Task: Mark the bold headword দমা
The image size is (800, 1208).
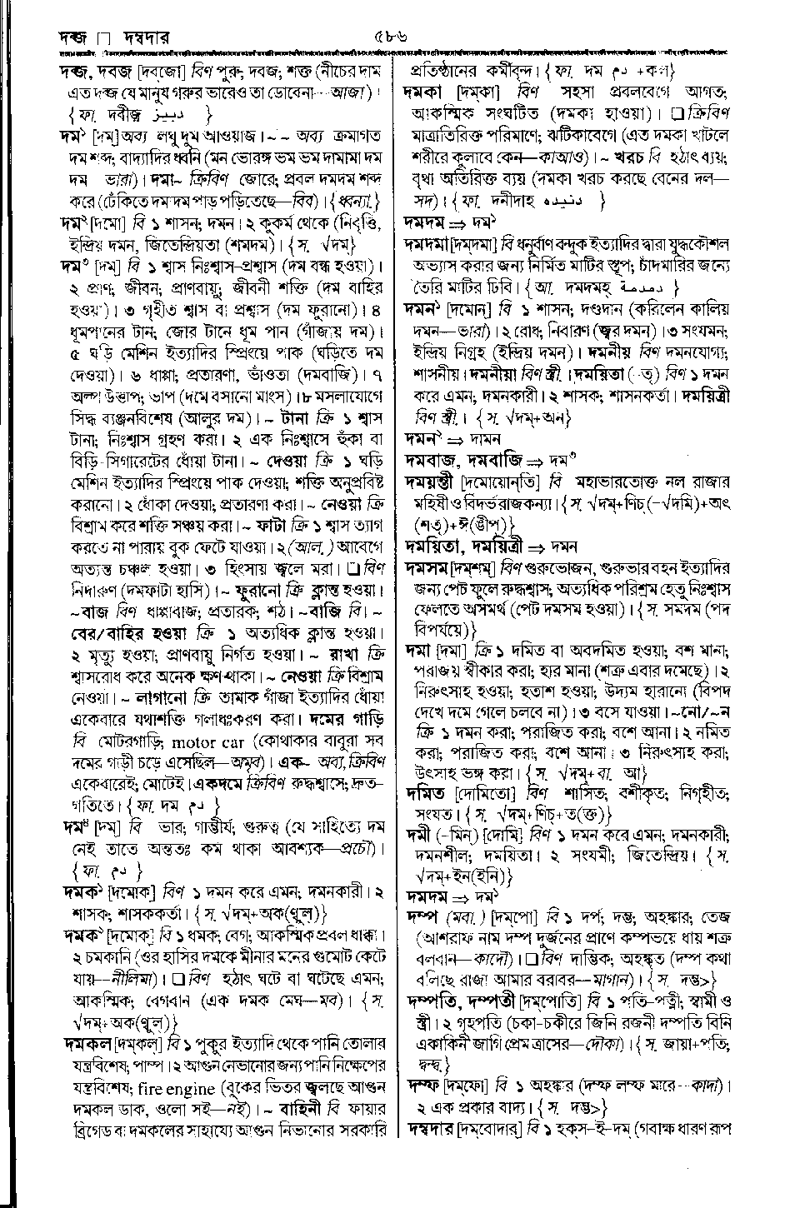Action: tap(417, 651)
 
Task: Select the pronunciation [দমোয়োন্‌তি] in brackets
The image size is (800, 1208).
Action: tap(499, 482)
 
